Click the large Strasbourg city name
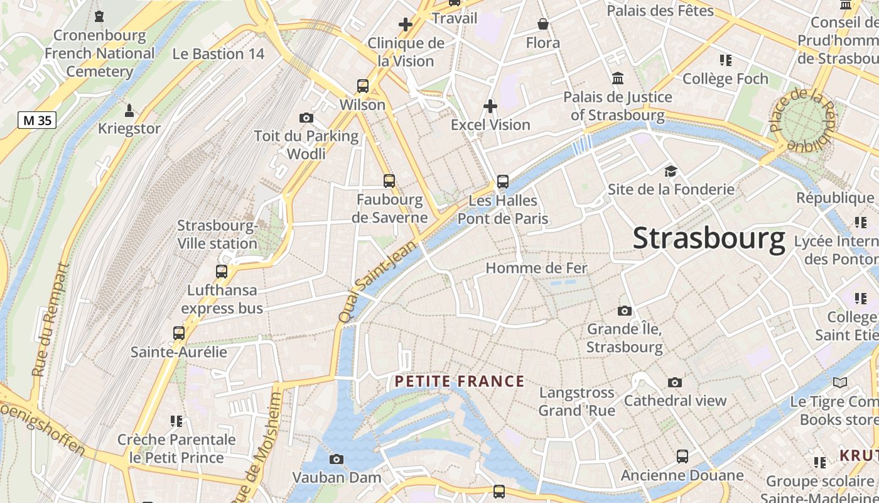tap(709, 239)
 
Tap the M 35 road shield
tap(37, 120)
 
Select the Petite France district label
tap(460, 381)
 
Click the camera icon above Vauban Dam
tap(337, 460)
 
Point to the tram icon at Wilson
tap(362, 86)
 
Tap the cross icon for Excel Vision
tap(490, 106)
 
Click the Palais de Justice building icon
tap(618, 79)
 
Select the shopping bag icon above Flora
tap(543, 25)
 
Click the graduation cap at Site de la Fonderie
tap(671, 171)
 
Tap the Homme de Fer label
tap(536, 268)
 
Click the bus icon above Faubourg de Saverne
tap(389, 181)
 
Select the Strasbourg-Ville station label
tap(217, 235)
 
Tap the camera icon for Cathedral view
tap(675, 382)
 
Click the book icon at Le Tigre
tap(839, 382)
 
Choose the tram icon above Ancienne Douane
tap(682, 456)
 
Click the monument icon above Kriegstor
tap(129, 111)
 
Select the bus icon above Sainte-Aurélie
tap(179, 333)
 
